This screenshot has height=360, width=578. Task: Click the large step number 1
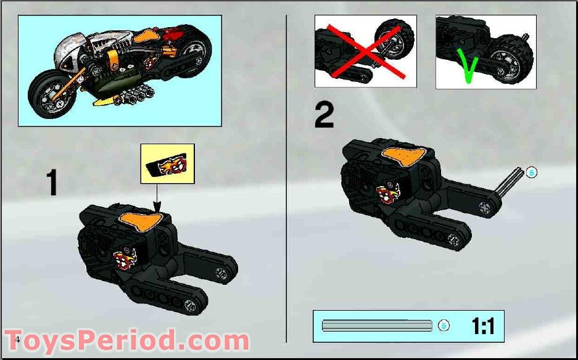click(53, 183)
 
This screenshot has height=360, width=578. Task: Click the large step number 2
click(324, 115)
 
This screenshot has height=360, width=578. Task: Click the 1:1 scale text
click(483, 326)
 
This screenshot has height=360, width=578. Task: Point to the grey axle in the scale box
click(376, 325)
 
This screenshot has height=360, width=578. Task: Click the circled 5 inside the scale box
click(443, 326)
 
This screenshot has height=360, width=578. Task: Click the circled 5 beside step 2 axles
click(531, 173)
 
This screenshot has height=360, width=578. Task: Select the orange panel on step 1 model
click(139, 220)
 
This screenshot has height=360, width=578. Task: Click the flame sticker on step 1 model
click(123, 260)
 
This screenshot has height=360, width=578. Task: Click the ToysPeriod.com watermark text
click(128, 341)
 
